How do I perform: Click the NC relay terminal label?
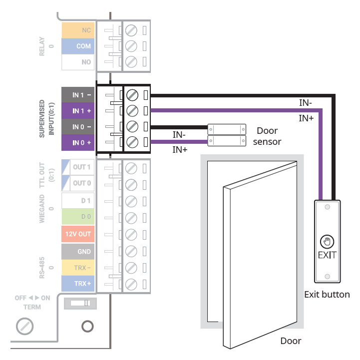pyautogui.click(x=78, y=30)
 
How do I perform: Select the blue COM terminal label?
pyautogui.click(x=78, y=46)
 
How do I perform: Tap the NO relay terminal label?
pyautogui.click(x=78, y=62)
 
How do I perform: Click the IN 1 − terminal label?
pyautogui.click(x=78, y=94)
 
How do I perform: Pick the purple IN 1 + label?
pyautogui.click(x=78, y=110)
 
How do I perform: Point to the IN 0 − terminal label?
pyautogui.click(x=78, y=127)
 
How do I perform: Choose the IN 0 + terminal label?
pyautogui.click(x=78, y=143)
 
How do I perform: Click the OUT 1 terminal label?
pyautogui.click(x=78, y=167)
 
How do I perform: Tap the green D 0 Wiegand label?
pyautogui.click(x=78, y=217)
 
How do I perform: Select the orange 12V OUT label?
pyautogui.click(x=78, y=234)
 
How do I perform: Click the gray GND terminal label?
pyautogui.click(x=78, y=251)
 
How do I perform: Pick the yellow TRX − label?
pyautogui.click(x=78, y=267)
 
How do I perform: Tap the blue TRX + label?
pyautogui.click(x=78, y=284)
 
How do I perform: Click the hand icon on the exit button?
pyautogui.click(x=327, y=242)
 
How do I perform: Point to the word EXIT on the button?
pyautogui.click(x=327, y=255)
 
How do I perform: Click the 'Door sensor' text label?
pyautogui.click(x=267, y=136)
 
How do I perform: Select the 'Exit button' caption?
pyautogui.click(x=327, y=294)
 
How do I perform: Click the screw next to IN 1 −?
pyautogui.click(x=132, y=94)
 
